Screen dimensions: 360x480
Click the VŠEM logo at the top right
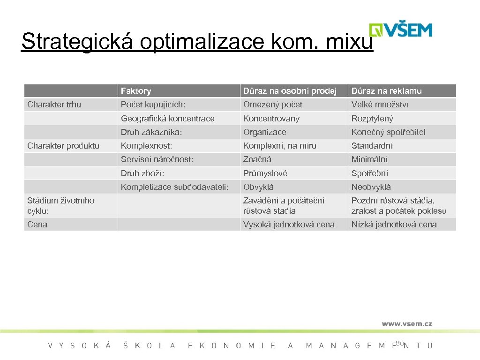click(x=401, y=29)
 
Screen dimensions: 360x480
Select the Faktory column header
click(x=136, y=91)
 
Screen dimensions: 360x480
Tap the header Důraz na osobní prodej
click(x=290, y=91)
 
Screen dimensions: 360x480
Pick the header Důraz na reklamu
click(x=387, y=91)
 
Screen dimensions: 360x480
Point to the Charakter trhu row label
click(x=54, y=105)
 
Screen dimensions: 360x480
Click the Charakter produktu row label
click(x=63, y=146)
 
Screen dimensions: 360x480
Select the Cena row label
click(x=37, y=225)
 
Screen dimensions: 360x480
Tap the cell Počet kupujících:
click(x=153, y=105)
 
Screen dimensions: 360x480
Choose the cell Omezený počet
click(x=273, y=105)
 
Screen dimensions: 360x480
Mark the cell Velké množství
click(x=380, y=105)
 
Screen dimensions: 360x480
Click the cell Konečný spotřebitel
click(x=389, y=132)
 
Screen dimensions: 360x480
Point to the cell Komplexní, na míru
click(x=279, y=146)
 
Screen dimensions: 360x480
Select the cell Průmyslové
click(x=265, y=173)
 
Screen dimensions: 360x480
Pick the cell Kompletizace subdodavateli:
click(x=174, y=187)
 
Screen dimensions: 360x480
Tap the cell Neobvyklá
click(x=371, y=187)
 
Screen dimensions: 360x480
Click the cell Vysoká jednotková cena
click(x=289, y=225)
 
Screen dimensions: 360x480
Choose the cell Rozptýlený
click(x=373, y=119)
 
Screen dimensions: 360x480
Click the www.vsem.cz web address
click(x=407, y=323)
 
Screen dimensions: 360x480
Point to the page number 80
click(x=399, y=344)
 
